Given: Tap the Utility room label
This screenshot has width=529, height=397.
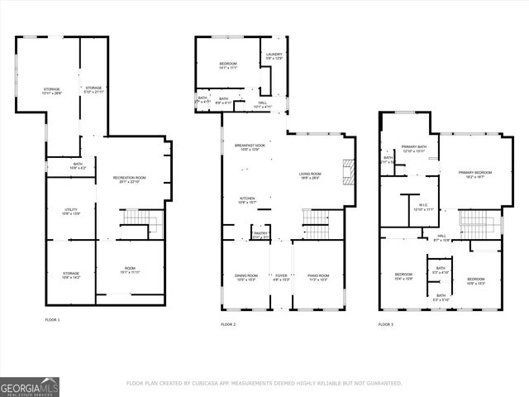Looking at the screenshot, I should pos(70,212).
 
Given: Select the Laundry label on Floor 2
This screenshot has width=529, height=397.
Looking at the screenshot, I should pos(274,55).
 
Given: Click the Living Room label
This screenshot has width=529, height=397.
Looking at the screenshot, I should pos(310,175).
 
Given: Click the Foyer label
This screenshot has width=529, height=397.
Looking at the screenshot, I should pos(281,277).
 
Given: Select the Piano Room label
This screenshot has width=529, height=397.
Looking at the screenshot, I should pos(318,277).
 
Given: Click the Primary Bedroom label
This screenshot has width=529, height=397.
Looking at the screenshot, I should pos(475,174).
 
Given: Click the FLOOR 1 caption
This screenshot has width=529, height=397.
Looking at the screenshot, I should pos(52,319).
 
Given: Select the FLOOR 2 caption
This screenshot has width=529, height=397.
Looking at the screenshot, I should pos(228,325).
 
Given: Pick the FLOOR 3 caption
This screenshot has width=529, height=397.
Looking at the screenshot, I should pos(386,325).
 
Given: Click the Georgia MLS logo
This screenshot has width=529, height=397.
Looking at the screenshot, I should pos(30,386).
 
